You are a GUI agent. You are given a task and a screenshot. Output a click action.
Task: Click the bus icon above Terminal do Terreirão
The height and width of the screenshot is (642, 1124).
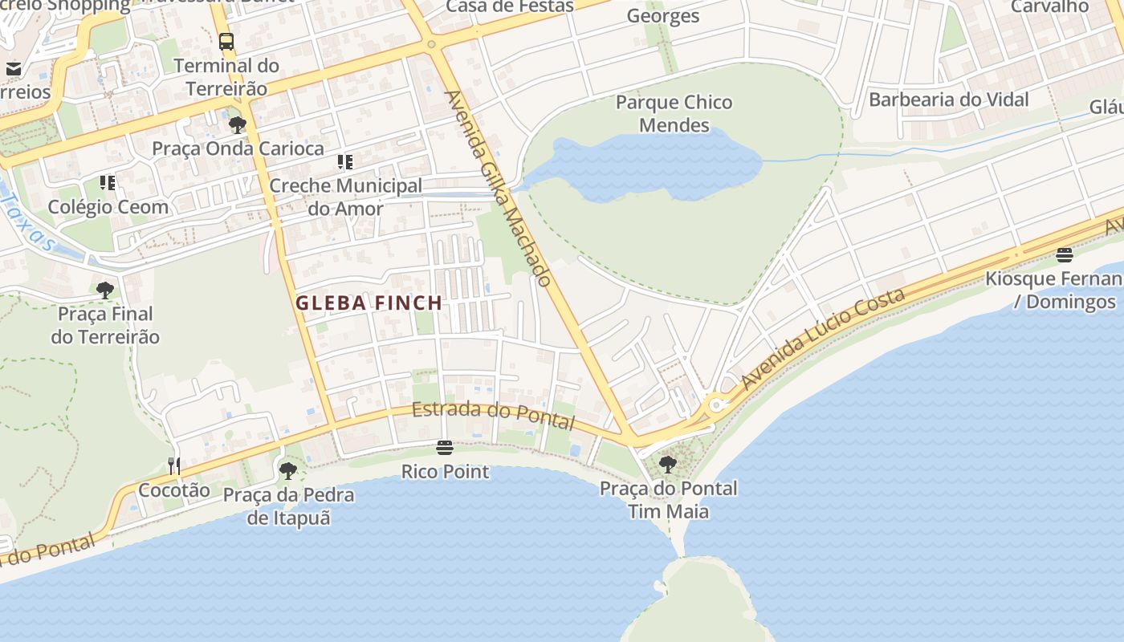[x=226, y=41]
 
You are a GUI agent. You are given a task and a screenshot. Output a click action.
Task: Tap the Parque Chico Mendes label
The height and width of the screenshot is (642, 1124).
[x=674, y=114]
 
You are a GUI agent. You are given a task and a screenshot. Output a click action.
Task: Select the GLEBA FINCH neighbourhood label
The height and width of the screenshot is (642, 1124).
[x=369, y=303]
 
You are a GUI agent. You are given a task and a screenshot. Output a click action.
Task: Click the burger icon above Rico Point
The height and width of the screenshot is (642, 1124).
[x=445, y=448]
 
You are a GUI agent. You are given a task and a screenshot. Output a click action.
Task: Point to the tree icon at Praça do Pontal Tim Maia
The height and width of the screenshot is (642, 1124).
[x=667, y=464]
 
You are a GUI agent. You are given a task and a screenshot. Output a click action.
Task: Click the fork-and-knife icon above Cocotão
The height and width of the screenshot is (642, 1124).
[x=173, y=465]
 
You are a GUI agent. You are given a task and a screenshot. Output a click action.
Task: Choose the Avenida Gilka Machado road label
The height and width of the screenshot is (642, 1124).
[x=498, y=189]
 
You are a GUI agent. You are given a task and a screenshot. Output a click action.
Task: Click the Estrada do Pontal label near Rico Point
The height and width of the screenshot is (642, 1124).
[x=494, y=415]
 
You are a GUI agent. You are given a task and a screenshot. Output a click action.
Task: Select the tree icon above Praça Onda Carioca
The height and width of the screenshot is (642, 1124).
[x=237, y=124]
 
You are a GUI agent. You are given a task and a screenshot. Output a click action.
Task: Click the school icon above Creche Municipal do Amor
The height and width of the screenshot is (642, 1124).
[x=345, y=162]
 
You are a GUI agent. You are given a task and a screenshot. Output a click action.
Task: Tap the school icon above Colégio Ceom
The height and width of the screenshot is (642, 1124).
[x=108, y=183]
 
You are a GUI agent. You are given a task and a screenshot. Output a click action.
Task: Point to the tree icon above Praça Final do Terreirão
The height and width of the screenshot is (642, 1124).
[x=104, y=290]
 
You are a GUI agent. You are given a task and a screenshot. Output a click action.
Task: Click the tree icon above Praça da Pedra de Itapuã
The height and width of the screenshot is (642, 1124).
[x=288, y=471]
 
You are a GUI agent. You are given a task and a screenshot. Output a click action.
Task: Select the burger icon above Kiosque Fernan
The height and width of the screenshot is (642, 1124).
[x=1065, y=255]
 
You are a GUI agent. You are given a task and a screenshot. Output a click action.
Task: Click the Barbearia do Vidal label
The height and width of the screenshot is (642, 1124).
[x=948, y=100]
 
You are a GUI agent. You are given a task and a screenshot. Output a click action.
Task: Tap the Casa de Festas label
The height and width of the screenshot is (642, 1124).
[x=510, y=6]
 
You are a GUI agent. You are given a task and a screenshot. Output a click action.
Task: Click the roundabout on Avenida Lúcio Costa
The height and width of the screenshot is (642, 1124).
[x=715, y=404]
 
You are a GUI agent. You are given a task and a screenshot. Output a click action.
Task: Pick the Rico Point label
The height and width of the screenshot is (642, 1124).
[x=445, y=471]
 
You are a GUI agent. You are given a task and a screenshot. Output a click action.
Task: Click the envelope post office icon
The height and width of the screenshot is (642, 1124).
[x=13, y=69]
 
